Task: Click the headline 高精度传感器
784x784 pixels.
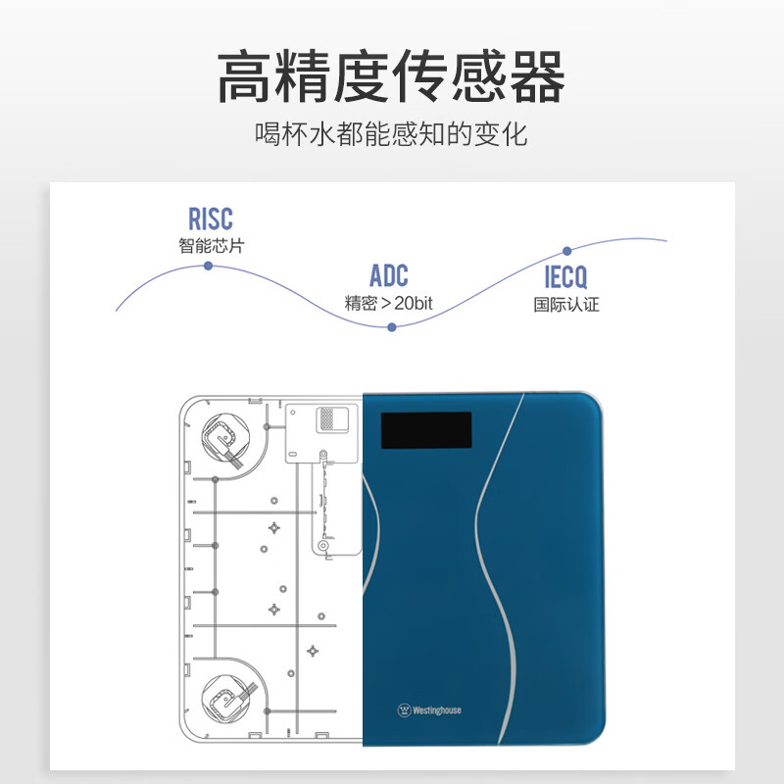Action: coord(391,76)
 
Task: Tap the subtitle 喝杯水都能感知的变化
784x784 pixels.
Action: coord(391,134)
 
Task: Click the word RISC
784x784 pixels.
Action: coord(211,219)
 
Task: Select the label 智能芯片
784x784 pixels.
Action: coord(211,246)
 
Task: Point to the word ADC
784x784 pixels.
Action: coord(389,275)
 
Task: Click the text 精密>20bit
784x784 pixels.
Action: coord(388,303)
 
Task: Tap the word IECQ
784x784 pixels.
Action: coord(565,277)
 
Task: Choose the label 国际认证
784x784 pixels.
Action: coord(566,305)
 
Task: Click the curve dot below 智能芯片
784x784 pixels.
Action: coord(209,266)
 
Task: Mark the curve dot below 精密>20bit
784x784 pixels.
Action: coord(392,327)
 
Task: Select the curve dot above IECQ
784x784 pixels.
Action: coord(567,251)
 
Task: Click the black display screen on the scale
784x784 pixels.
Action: coord(426,430)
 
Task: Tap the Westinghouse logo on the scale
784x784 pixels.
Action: coord(429,710)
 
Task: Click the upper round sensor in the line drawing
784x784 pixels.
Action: coord(225,437)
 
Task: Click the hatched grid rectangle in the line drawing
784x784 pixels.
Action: coord(327,418)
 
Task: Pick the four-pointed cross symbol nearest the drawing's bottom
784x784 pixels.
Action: coord(313,651)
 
